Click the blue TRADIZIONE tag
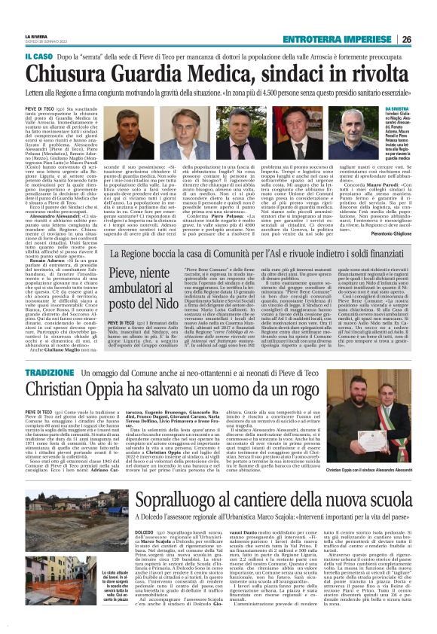(x=49, y=373)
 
